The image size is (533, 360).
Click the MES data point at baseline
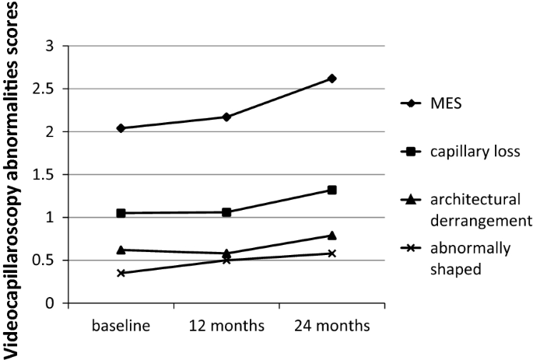(x=121, y=128)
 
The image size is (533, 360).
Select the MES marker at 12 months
(x=226, y=117)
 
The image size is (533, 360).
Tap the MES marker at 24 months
(x=331, y=79)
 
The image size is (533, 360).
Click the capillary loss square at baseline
(x=121, y=213)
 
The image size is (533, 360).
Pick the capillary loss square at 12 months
(x=226, y=212)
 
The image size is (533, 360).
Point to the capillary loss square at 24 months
(x=331, y=190)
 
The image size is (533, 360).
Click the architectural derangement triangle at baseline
(x=121, y=250)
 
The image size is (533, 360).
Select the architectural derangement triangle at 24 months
(x=331, y=235)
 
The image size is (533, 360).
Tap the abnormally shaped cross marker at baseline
(x=121, y=273)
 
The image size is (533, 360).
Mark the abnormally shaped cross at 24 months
(x=331, y=253)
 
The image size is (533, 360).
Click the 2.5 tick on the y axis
(x=49, y=89)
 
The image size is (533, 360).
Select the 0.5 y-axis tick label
(x=49, y=260)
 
